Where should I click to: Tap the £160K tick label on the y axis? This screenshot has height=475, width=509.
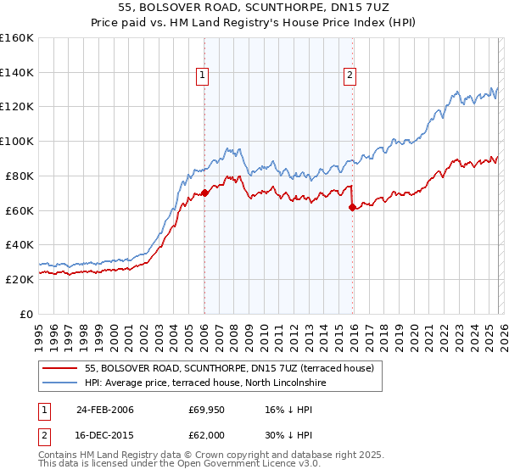[17, 38]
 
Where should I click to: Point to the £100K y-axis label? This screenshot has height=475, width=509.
[17, 142]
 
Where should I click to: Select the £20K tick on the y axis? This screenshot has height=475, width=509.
[20, 279]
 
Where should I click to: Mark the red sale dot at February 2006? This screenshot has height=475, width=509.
[204, 193]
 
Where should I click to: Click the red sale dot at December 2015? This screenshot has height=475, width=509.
[353, 207]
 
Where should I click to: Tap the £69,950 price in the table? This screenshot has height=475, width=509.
[207, 410]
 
